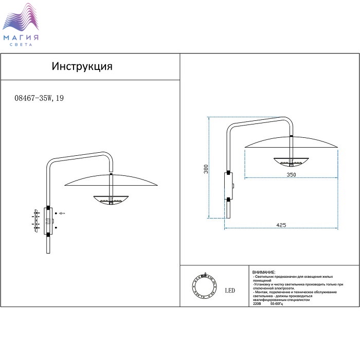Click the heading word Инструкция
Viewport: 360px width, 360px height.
(x=82, y=67)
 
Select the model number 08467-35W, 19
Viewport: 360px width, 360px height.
(x=40, y=100)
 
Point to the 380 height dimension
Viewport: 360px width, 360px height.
(x=205, y=169)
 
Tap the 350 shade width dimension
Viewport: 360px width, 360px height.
(x=291, y=175)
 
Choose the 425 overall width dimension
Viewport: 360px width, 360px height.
(x=281, y=225)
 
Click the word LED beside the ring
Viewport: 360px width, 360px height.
(x=230, y=291)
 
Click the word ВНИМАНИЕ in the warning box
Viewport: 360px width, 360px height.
(x=264, y=272)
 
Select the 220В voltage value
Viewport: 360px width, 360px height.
(x=257, y=304)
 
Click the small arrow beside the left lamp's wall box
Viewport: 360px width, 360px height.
(x=62, y=213)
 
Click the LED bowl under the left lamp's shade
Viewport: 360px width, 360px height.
(x=111, y=199)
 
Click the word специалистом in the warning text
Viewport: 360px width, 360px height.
(x=298, y=300)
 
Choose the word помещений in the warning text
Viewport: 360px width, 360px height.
(x=263, y=280)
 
